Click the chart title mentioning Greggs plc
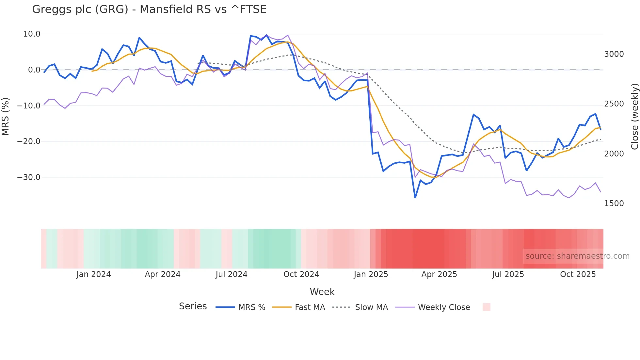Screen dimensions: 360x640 pos(149,9)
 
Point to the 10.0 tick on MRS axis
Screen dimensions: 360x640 pos(32,34)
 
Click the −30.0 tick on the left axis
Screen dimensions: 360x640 pos(29,177)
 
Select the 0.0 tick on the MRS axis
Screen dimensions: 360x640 pos(34,70)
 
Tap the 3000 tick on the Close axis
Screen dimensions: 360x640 pos(614,54)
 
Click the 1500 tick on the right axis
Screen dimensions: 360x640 pos(614,204)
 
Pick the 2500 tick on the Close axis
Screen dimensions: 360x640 pos(614,104)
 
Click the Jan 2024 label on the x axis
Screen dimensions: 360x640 pos(94,274)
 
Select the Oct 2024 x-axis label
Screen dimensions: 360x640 pos(301,274)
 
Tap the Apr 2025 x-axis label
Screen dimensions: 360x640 pos(439,274)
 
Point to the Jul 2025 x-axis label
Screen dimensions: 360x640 pos(508,274)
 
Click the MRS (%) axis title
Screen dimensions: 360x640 pos(6,117)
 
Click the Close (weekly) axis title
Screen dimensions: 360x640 pos(634,117)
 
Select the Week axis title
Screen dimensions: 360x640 pos(322,292)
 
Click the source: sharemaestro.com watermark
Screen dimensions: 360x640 pos(577,256)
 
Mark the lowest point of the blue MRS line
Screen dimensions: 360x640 pos(415,198)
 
